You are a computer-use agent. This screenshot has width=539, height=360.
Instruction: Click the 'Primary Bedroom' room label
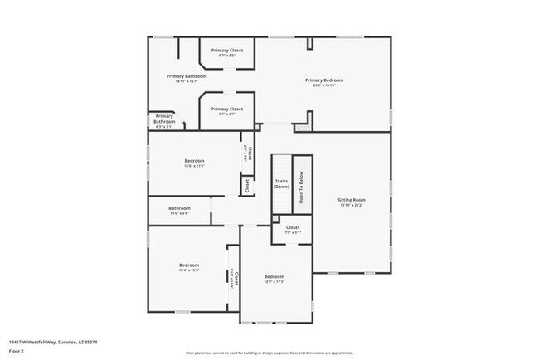coord(323,80)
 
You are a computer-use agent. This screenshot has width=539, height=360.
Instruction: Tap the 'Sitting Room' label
coord(351,200)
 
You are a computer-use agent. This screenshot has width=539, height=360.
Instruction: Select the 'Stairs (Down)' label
coord(281,183)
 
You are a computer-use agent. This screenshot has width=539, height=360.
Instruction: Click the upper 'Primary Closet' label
coord(226,51)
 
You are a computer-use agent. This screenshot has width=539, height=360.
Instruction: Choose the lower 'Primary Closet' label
coord(226,109)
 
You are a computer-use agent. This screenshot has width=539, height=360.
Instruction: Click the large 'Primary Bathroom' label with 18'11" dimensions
coord(186,75)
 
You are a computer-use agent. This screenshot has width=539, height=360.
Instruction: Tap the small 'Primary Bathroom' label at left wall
coord(164,119)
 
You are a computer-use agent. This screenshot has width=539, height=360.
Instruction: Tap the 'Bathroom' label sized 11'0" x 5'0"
coord(180,208)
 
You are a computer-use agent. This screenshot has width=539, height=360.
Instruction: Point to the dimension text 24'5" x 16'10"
coord(323,85)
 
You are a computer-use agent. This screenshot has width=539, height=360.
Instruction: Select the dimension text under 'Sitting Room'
coord(351,206)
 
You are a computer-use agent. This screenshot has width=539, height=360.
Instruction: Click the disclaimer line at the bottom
coord(269,353)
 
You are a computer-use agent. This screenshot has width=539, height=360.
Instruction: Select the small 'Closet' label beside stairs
coord(246,187)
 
